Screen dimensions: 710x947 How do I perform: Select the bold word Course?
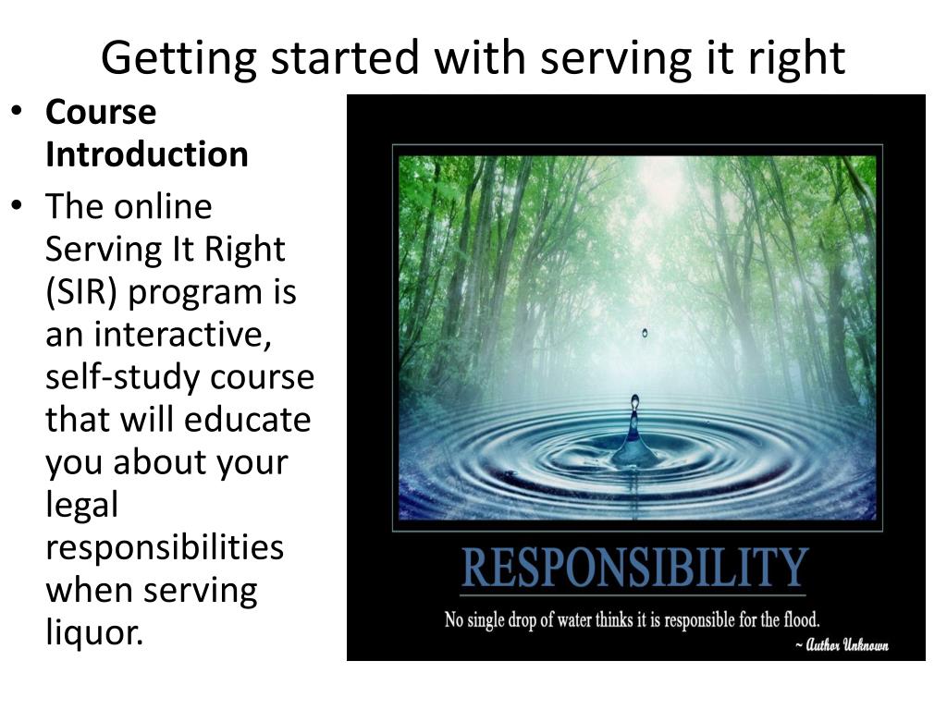[101, 113]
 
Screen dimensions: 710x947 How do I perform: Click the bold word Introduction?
[146, 153]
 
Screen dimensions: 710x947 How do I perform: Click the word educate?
[247, 420]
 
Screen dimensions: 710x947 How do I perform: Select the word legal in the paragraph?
[82, 505]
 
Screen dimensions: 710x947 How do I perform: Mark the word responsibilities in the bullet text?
[164, 547]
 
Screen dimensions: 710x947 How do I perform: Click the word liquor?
[95, 632]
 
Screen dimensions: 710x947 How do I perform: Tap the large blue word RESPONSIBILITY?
[634, 567]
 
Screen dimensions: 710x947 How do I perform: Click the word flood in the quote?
[798, 618]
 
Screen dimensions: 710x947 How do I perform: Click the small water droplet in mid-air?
[645, 333]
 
